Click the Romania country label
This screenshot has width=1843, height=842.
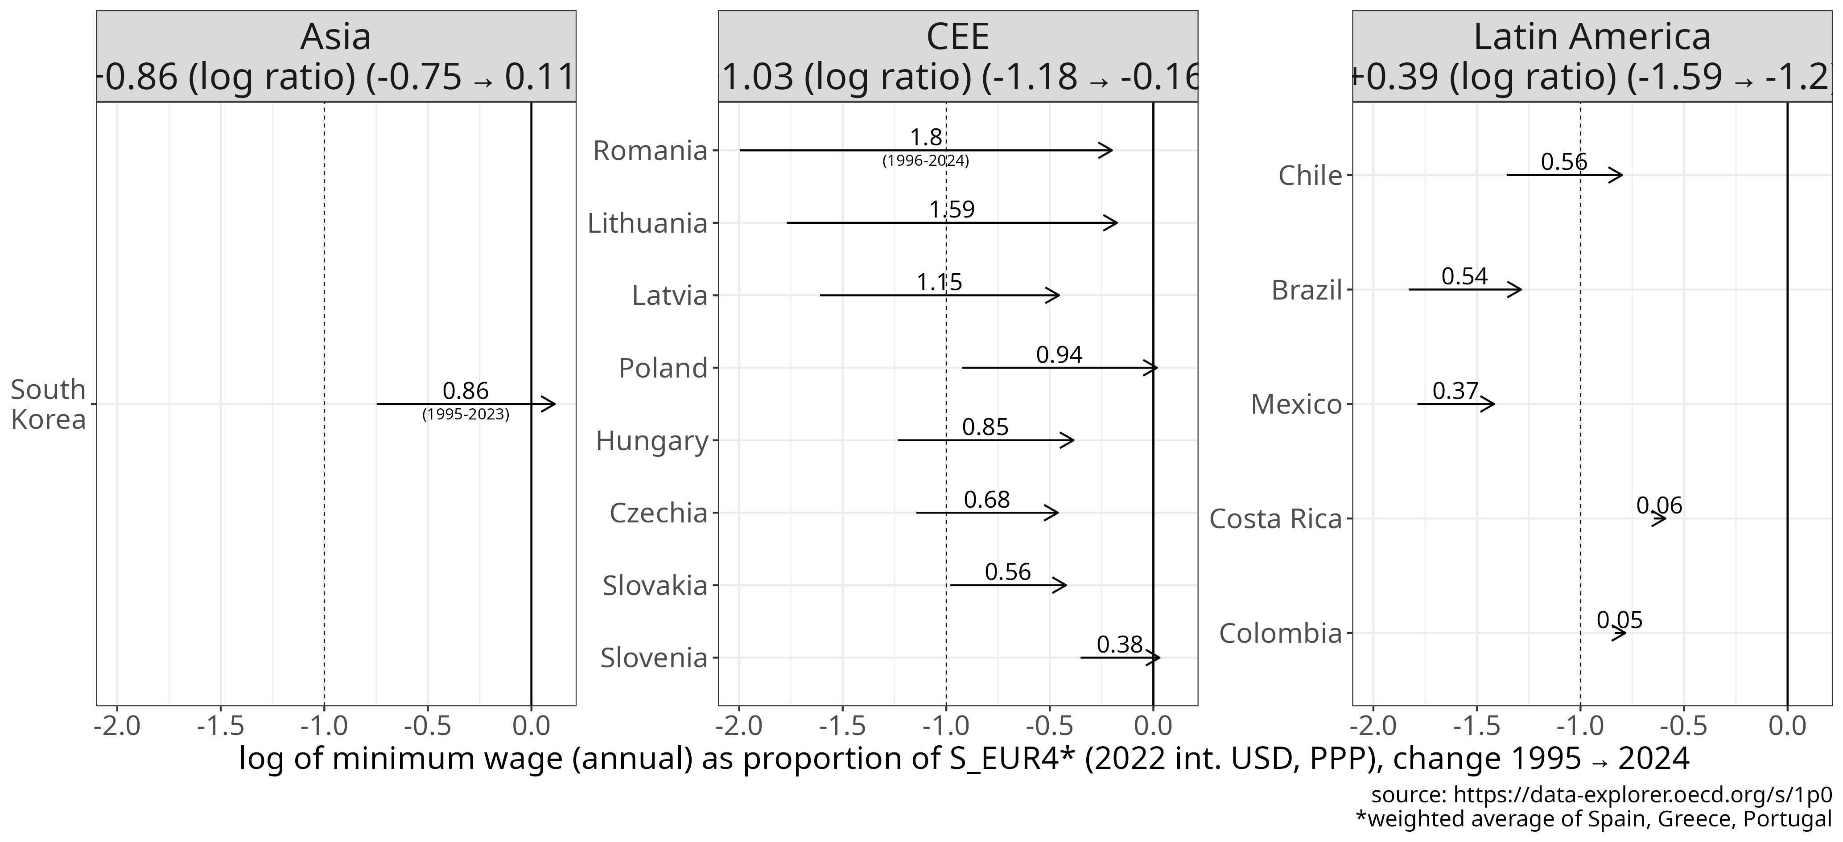[650, 151]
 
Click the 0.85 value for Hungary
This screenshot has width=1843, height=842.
[985, 427]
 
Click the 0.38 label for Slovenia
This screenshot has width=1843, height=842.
[1120, 645]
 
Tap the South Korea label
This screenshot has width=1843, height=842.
[48, 404]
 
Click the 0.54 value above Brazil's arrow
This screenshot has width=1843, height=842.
[1464, 276]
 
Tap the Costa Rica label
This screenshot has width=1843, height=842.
[1275, 519]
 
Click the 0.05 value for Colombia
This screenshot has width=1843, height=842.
[1619, 620]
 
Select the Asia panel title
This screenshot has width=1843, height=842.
[335, 37]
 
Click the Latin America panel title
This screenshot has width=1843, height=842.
[1592, 37]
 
